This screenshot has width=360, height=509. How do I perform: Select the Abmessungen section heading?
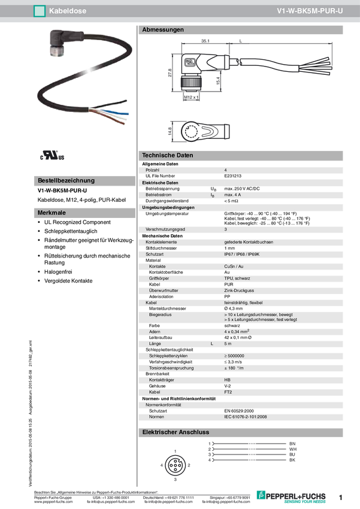(163, 30)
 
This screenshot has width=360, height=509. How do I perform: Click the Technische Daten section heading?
(167, 156)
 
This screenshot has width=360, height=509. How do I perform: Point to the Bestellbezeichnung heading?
(66, 180)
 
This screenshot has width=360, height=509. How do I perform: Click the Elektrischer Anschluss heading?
(175, 432)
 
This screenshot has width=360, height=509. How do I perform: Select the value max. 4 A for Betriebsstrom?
(232, 195)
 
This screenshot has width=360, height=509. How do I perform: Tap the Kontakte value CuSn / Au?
(234, 266)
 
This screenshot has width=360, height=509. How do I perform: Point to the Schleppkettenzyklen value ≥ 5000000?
(238, 356)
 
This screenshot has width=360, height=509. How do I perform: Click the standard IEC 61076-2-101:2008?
(249, 416)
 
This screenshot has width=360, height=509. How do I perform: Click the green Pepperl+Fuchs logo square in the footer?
(261, 495)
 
